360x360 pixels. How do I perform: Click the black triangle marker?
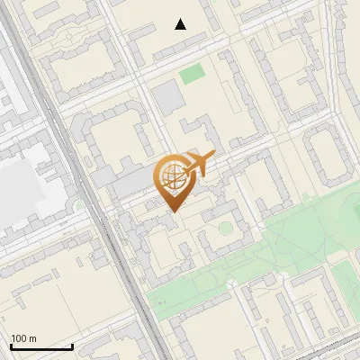point(181,24)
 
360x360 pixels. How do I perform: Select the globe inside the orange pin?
point(169,176)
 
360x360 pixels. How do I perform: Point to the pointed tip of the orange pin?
point(171,211)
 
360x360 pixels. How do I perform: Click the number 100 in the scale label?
point(19,338)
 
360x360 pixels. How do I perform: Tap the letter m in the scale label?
point(32,338)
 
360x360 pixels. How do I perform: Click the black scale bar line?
point(41,347)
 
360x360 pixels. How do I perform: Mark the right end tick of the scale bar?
point(72,346)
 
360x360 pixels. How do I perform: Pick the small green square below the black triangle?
point(192,75)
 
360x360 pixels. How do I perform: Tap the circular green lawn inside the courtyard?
point(224,228)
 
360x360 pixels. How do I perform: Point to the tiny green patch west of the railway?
point(79,206)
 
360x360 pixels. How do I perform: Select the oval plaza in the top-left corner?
point(67,38)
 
